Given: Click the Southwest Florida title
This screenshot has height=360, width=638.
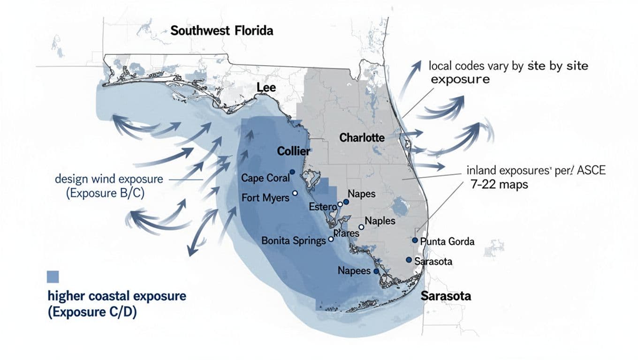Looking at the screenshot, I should (x=221, y=31).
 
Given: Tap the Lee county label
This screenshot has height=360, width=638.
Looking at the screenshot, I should (x=266, y=88).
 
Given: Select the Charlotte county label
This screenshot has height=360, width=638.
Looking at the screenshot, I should (x=362, y=138).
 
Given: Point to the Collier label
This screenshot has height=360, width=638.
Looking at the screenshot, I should (x=294, y=151).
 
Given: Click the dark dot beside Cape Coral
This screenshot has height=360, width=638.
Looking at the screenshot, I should (x=292, y=172).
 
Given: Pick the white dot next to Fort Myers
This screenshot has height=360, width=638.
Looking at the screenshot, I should (x=295, y=193).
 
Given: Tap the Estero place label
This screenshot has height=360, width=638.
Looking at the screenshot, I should (x=322, y=207).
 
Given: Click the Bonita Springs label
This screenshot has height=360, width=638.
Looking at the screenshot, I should (x=293, y=241).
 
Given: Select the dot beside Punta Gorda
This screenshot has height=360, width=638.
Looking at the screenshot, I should (x=415, y=240).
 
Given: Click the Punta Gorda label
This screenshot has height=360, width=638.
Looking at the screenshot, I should (x=448, y=242).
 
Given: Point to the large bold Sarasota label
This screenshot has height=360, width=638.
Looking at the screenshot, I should (x=446, y=296).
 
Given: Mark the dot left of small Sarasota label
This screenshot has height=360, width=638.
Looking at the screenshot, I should (x=409, y=260).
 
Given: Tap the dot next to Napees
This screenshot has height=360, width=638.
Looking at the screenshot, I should (x=376, y=271).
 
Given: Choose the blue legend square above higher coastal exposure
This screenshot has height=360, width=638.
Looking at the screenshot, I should (x=53, y=277).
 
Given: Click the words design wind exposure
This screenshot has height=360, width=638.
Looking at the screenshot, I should (x=109, y=179).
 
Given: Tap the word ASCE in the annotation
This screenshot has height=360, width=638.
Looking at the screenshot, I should (x=592, y=171).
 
